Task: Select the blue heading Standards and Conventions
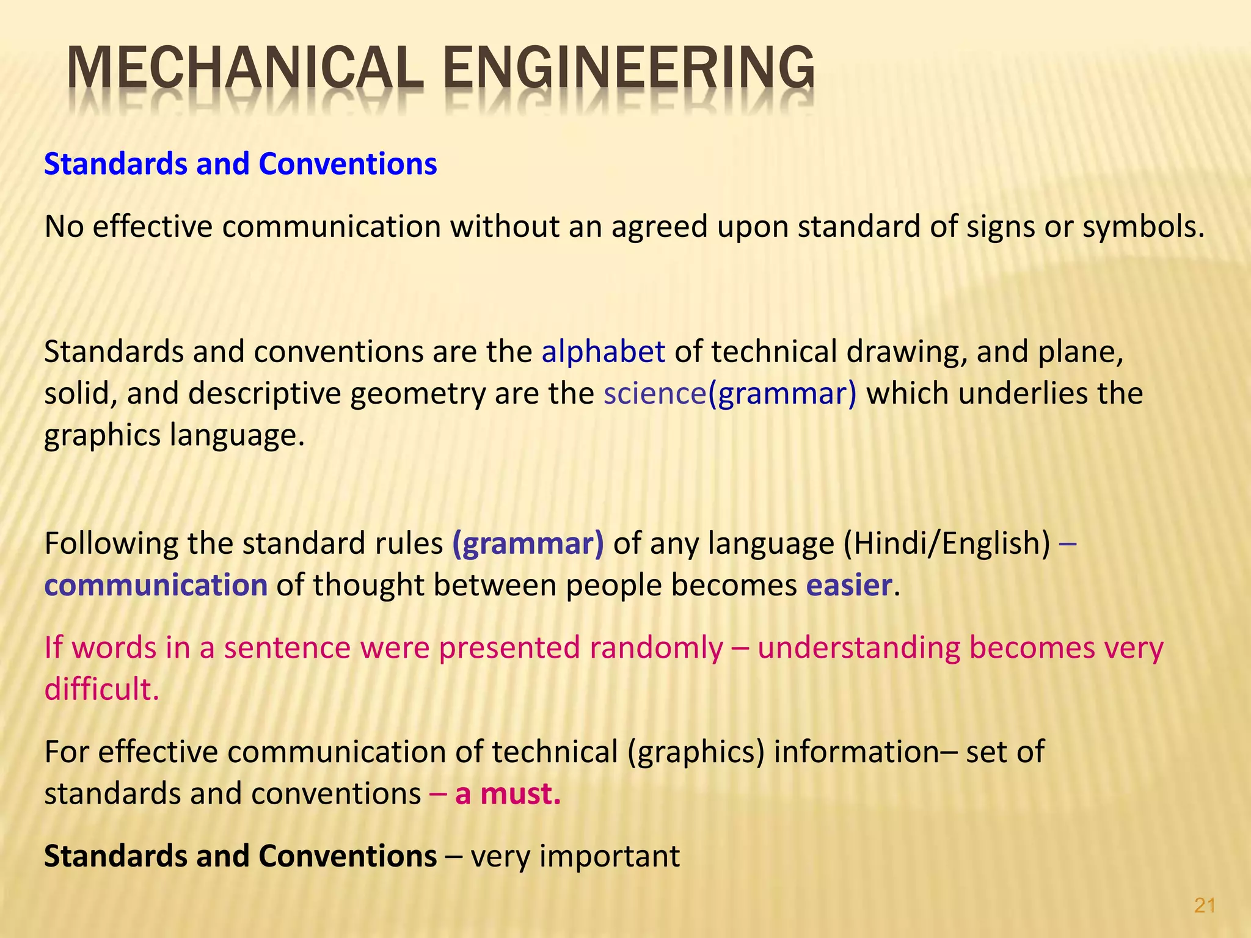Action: point(241,164)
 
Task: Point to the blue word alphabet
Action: point(603,352)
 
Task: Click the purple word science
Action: point(655,394)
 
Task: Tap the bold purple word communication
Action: point(156,585)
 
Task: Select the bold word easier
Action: point(849,585)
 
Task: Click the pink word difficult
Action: point(101,689)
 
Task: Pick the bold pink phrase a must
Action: point(508,794)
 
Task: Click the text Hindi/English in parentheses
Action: point(947,544)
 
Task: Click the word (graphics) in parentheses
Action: point(696,752)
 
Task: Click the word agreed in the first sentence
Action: point(660,227)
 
